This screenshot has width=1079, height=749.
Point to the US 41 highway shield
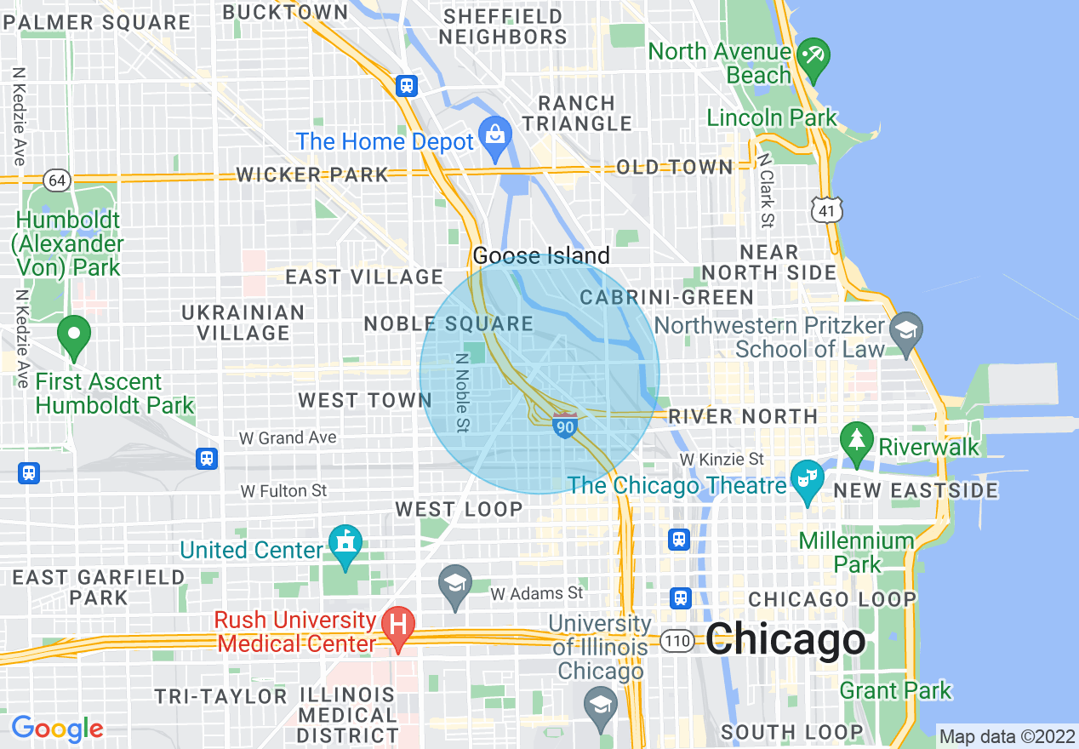point(827,209)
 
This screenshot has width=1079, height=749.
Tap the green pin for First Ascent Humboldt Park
point(74,335)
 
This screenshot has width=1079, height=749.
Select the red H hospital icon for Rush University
point(397,625)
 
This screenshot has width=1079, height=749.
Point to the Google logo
point(57,729)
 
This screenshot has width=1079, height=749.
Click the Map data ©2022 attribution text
point(1007,735)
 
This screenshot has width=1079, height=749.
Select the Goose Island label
point(541,255)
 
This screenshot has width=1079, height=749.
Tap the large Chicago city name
point(785,640)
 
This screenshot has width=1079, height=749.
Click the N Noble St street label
point(462,393)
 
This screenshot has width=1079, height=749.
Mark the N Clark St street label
point(766,191)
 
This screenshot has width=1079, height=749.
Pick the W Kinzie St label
point(721,460)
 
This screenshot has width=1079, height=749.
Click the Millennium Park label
point(856,552)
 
